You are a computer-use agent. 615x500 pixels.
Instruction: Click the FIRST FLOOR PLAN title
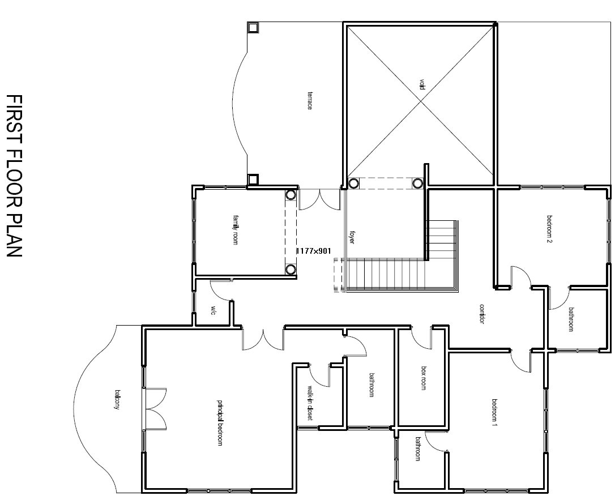(14, 176)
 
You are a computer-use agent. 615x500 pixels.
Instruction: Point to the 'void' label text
(422, 85)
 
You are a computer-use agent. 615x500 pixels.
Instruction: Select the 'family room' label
(235, 229)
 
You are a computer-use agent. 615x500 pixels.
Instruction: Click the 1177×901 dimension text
(313, 250)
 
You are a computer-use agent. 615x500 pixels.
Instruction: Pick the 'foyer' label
(352, 237)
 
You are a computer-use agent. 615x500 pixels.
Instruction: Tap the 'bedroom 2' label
(549, 229)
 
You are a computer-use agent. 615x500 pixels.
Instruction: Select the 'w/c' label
(213, 310)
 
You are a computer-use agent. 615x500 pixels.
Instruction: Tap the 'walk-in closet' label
(310, 403)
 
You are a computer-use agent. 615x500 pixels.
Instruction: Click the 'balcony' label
(117, 400)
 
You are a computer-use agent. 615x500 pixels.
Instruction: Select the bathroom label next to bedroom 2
(571, 319)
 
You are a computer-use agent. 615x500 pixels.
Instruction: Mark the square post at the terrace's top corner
(253, 27)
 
